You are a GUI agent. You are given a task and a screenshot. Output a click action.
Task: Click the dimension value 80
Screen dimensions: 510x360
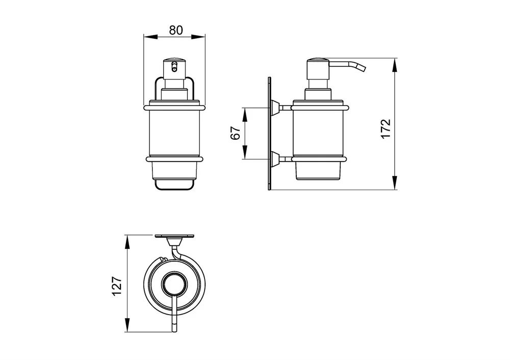[176, 30]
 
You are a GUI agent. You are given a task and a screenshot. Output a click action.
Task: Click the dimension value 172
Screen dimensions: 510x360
[386, 129]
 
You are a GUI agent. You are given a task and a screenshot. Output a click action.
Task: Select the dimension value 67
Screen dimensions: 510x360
[236, 133]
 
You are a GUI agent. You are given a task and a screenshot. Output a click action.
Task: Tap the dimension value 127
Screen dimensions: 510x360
[117, 286]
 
